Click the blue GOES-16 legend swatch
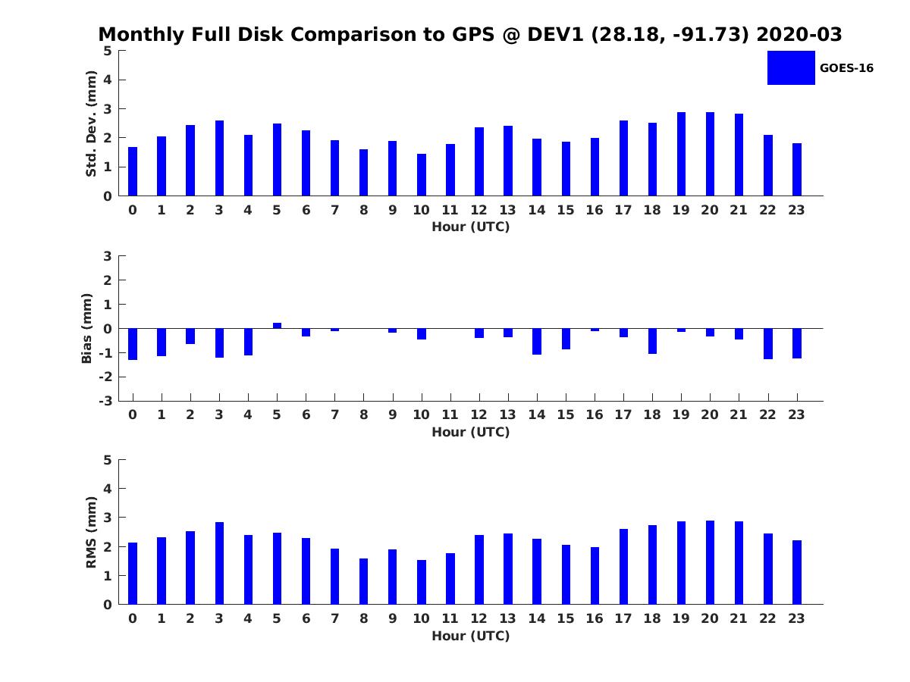click(x=791, y=67)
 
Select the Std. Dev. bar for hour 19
click(x=681, y=155)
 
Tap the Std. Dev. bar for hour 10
click(x=422, y=175)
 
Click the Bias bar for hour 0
click(x=133, y=344)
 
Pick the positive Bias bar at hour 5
click(x=277, y=326)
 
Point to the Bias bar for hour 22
click(x=768, y=343)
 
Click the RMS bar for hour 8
click(x=363, y=581)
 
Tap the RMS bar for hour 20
click(x=710, y=562)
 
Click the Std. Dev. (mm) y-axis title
click(x=91, y=124)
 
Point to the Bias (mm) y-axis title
click(x=87, y=328)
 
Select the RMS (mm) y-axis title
click(x=91, y=532)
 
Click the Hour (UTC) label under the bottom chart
click(x=470, y=636)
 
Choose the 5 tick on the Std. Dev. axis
click(x=108, y=51)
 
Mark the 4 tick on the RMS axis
click(x=108, y=489)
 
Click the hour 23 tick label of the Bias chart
click(x=796, y=415)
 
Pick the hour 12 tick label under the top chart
click(x=479, y=210)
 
